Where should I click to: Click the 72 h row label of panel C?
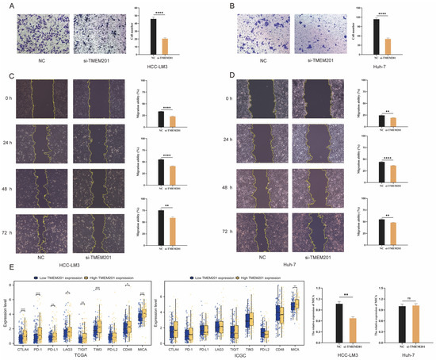tap(17, 231)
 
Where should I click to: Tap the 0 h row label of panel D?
tap(235, 98)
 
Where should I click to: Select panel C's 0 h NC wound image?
tap(50, 98)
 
